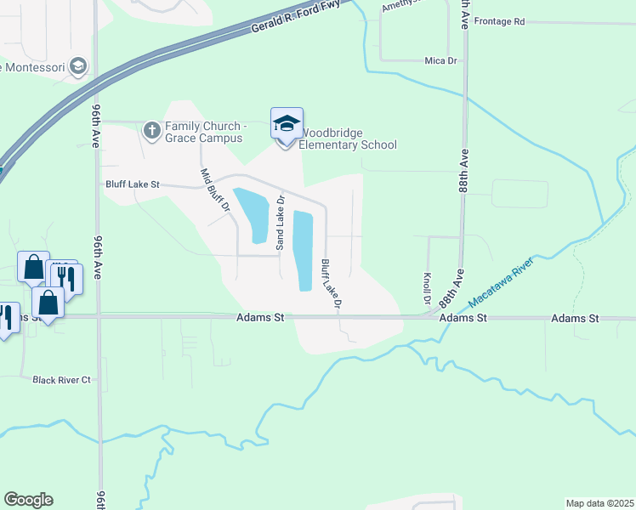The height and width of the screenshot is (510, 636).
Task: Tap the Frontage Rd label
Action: click(500, 21)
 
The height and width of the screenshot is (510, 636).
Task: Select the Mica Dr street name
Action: click(440, 61)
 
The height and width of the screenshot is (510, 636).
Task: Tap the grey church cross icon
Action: click(152, 130)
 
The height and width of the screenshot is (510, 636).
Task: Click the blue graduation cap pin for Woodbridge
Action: click(287, 124)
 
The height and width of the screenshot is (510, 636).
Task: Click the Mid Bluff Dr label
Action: click(215, 190)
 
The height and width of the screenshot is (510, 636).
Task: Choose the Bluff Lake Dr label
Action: click(332, 283)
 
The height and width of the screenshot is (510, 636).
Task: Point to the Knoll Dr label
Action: click(426, 289)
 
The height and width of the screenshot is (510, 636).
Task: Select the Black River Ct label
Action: click(61, 380)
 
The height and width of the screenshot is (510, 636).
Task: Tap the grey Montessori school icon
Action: click(78, 66)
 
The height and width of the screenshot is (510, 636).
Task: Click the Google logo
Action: click(29, 500)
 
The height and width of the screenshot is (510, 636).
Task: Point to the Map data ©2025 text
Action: click(599, 503)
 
